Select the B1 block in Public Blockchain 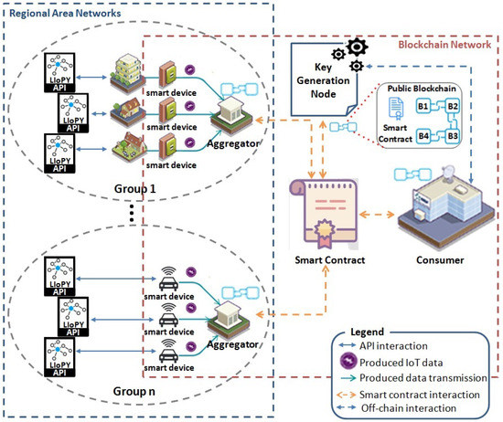tap(423, 106)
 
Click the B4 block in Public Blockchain tap(423, 137)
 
